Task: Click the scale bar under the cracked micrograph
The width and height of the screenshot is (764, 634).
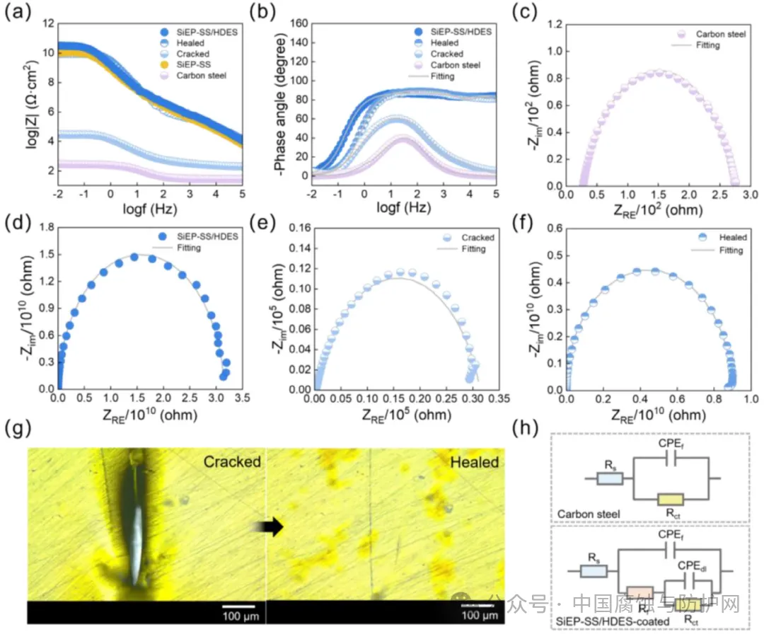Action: coord(238,607)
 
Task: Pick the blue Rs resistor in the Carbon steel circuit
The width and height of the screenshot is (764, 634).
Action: coord(609,479)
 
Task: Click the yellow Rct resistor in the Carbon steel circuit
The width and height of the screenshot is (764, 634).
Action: coord(668,499)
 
